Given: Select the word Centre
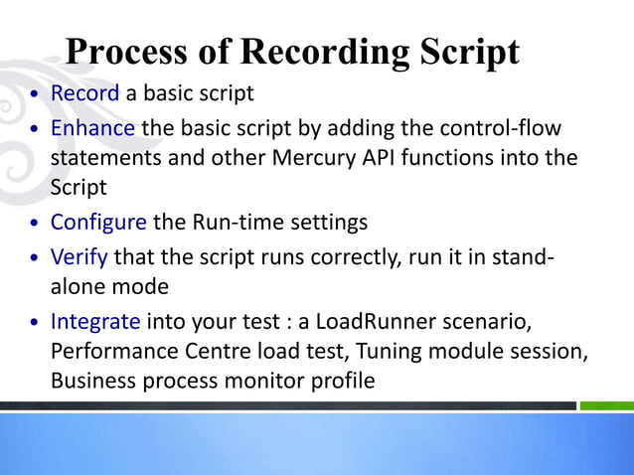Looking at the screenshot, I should (x=195, y=351).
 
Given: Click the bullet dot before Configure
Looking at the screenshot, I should (x=36, y=224).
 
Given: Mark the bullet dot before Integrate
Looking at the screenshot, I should (x=36, y=324).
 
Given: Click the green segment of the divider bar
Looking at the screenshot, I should (x=605, y=405).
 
